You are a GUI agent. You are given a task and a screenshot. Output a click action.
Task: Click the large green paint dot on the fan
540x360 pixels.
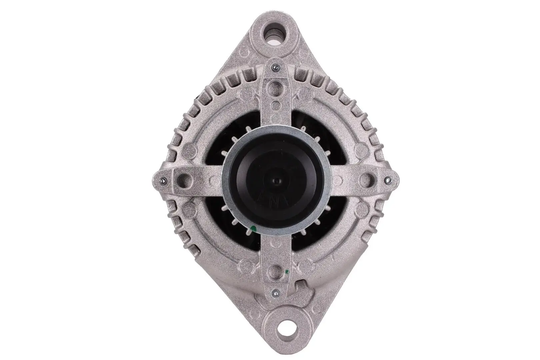[x=253, y=229]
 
